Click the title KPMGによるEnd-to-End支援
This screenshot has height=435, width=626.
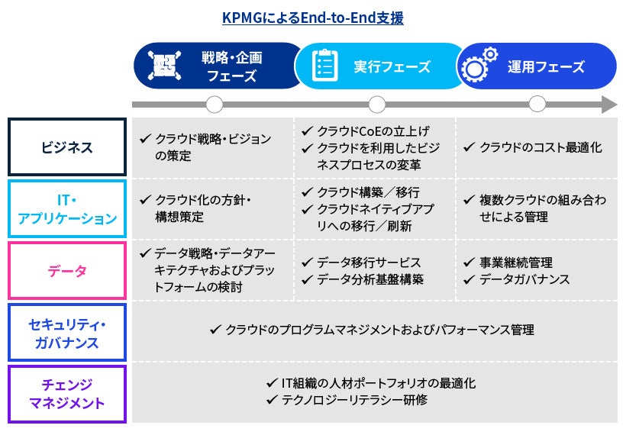(x=312, y=18)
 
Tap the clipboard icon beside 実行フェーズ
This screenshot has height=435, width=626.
(x=324, y=66)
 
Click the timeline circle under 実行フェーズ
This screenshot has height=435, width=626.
(x=377, y=105)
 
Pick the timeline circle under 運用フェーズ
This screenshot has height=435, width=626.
(x=537, y=105)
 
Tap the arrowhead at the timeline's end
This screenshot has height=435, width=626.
(x=608, y=105)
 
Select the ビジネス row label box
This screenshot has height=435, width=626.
(x=67, y=147)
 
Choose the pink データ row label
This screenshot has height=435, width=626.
(x=67, y=271)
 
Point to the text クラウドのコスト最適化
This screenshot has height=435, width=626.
(x=540, y=147)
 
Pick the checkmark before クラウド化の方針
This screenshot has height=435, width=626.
(x=145, y=200)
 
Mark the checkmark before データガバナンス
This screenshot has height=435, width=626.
(x=469, y=279)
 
